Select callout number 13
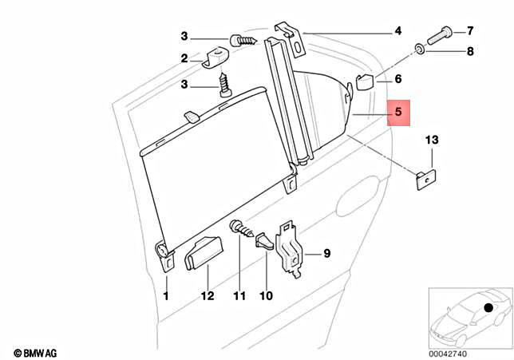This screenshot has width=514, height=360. (x=431, y=140)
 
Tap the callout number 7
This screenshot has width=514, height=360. (x=470, y=31)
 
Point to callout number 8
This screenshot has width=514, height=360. (x=470, y=52)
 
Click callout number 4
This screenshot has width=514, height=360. (x=397, y=32)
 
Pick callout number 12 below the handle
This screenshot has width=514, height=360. (x=208, y=295)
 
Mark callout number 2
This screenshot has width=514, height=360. (x=184, y=58)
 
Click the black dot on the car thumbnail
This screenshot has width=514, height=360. (x=487, y=307)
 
